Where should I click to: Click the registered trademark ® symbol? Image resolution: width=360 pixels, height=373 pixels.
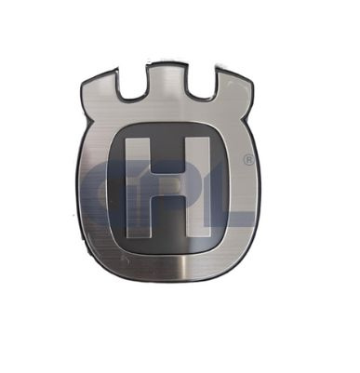(248, 161)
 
